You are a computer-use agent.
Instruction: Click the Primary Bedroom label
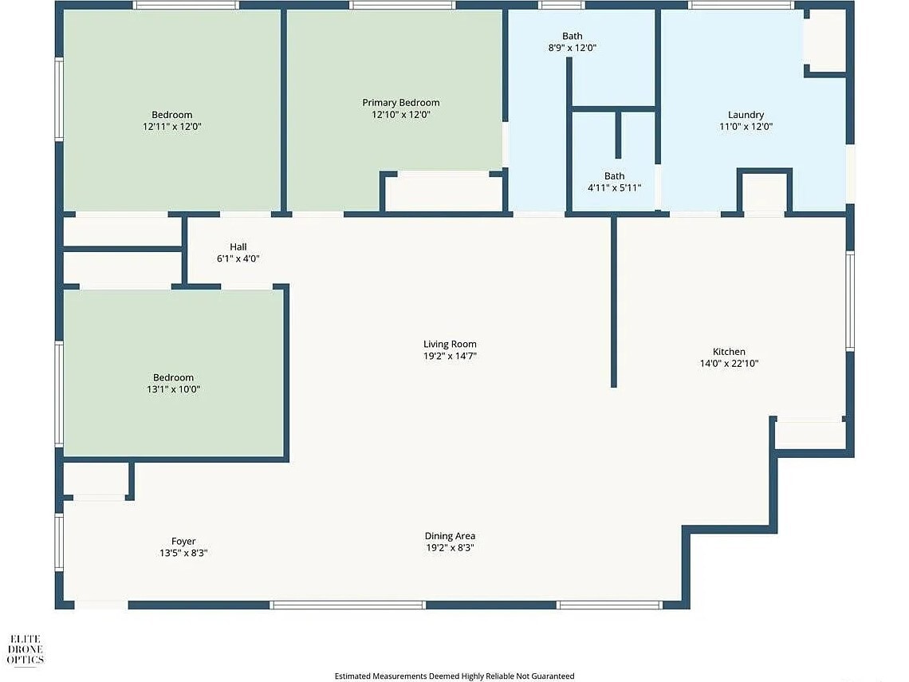pos(400,103)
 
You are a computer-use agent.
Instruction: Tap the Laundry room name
pos(746,115)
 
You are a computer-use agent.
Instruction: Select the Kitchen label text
pos(729,352)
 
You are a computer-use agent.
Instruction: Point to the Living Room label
pos(450,344)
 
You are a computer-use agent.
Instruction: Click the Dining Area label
pos(450,536)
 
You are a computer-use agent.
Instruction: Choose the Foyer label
pos(183,541)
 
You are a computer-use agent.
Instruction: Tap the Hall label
pos(238,246)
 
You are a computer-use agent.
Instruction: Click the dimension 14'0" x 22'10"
pos(729,364)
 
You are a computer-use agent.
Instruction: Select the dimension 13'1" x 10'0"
pos(173,389)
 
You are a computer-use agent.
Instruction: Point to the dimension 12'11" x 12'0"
pos(172,126)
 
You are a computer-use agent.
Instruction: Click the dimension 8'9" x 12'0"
pos(573,48)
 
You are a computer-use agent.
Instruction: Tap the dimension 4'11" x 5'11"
pos(615,188)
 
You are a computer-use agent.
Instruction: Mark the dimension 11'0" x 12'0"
pos(746,126)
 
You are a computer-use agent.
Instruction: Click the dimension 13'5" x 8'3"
pos(183,554)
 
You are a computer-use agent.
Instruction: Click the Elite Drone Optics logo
pos(25,649)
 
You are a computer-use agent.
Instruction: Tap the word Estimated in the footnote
pos(352,676)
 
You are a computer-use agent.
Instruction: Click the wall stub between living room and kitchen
pos(613,302)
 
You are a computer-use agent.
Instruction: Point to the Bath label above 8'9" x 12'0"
pos(573,36)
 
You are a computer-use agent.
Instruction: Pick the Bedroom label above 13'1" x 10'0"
pos(173,377)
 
